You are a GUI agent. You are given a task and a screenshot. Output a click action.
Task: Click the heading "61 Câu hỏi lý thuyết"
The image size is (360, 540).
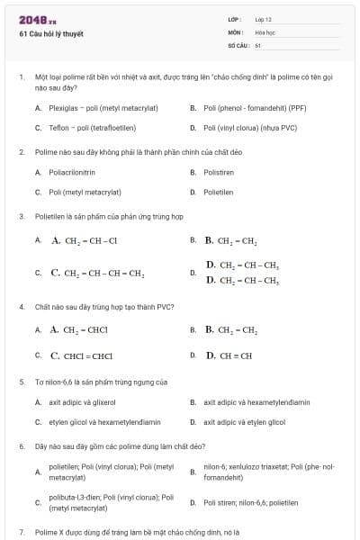tap(50, 34)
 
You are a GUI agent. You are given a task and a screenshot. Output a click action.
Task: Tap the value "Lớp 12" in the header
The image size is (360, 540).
tap(264, 19)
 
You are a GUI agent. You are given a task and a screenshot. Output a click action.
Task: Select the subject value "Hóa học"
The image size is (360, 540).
tap(265, 31)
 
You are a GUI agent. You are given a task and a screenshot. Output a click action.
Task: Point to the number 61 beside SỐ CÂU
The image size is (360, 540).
tap(257, 44)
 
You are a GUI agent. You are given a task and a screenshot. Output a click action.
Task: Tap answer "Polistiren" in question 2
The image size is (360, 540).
tap(219, 172)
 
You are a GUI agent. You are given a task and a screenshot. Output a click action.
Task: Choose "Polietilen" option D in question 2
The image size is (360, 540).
tap(219, 192)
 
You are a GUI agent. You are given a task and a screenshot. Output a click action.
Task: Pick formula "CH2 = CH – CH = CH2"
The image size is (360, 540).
tap(97, 273)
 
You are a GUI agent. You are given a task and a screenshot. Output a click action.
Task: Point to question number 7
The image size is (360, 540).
tap(21, 532)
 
